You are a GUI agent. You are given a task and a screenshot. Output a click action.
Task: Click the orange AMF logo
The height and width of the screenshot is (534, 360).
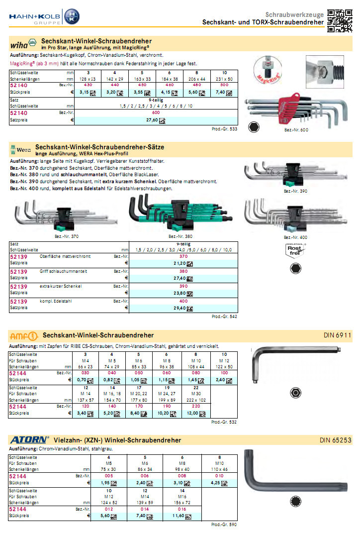[x=24, y=335]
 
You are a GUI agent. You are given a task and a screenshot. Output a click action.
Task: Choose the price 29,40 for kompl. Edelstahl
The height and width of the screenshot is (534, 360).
[x=180, y=308]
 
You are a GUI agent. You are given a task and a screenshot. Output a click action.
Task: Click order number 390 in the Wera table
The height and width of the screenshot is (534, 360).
[x=183, y=286]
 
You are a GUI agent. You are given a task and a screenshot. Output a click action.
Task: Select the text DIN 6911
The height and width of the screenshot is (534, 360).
[x=338, y=335]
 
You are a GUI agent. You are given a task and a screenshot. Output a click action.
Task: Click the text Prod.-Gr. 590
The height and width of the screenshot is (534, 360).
[x=224, y=525]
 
